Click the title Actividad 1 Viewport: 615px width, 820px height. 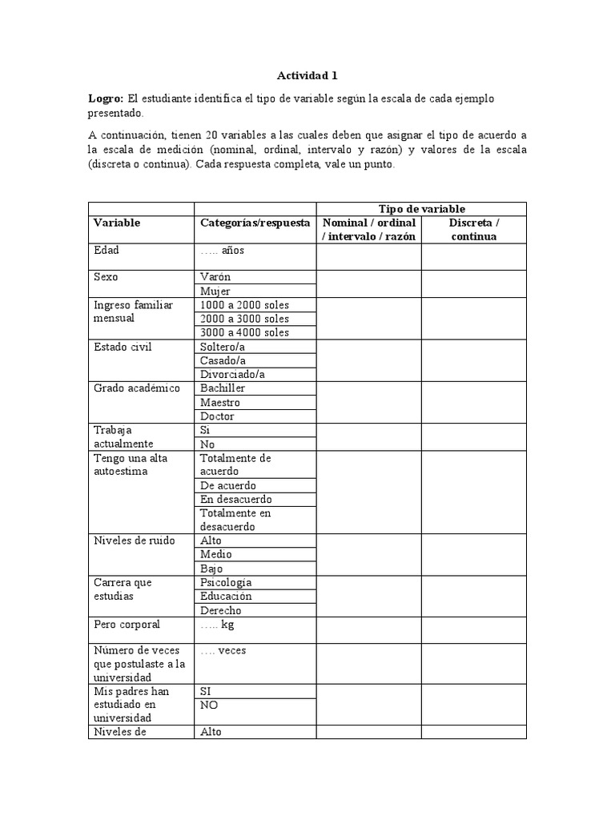coord(307,76)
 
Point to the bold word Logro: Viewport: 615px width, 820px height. coord(106,98)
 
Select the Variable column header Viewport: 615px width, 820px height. coord(117,223)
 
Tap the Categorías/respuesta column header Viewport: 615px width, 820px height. coord(255,223)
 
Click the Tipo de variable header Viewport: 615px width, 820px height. coord(422,209)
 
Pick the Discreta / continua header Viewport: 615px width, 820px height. coord(474,229)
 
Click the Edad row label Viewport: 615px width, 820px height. coord(107,250)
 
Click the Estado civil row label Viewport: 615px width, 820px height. coord(123,347)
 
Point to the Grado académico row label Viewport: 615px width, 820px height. coord(137,388)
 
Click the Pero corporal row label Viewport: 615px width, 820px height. coord(127,624)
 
